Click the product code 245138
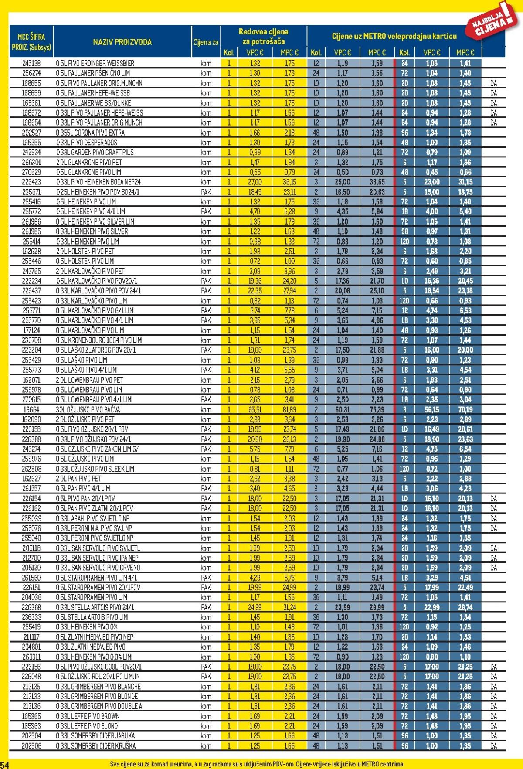coord(31,63)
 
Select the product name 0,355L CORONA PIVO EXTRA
coord(90,133)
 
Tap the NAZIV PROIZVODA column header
coord(122,42)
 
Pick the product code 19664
coord(31,409)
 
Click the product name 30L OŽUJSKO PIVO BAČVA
coord(88,409)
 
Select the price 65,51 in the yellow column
coord(255,409)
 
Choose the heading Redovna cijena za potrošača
coord(263,37)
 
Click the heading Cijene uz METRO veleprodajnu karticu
coord(394,36)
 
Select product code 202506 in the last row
coord(31,746)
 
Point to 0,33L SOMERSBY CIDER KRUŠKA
coord(96,746)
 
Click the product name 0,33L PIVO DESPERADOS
coord(86,143)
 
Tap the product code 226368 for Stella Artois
coord(31,607)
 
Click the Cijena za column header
coord(206,42)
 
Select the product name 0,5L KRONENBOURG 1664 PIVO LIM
coord(99,340)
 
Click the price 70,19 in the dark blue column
coord(465,409)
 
